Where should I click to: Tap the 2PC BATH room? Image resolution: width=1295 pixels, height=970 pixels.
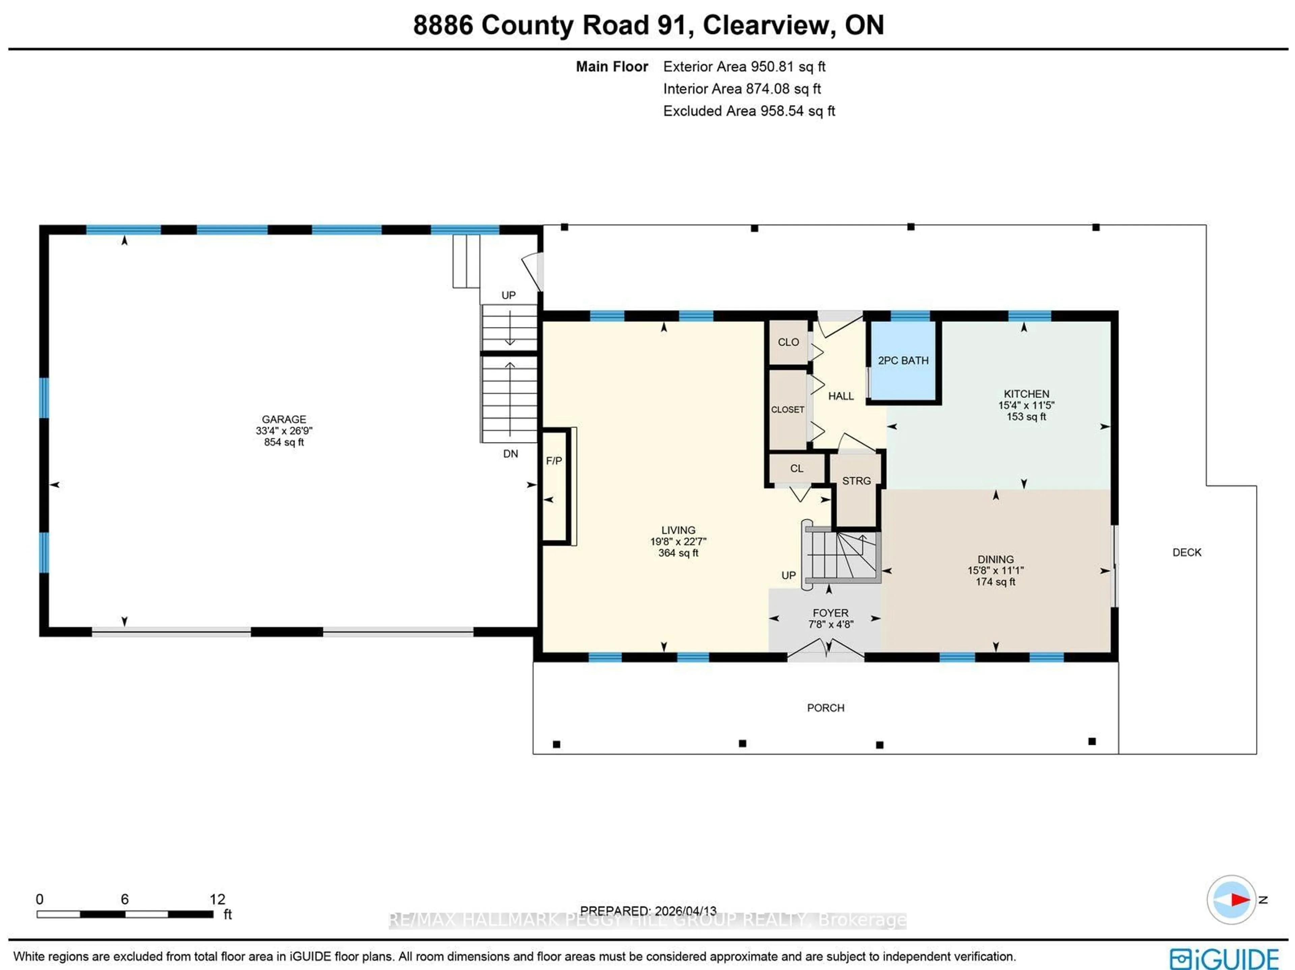[x=903, y=361]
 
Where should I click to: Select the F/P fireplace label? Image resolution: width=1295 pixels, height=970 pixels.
[x=554, y=461]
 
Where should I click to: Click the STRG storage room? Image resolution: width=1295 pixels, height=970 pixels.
[x=857, y=481]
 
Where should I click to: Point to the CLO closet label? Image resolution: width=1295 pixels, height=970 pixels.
[x=788, y=342]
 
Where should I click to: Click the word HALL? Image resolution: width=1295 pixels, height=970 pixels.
[x=841, y=396]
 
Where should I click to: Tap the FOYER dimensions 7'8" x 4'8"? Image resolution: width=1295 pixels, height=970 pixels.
[x=830, y=625]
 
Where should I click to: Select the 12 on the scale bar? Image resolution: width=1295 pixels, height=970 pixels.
[x=217, y=899]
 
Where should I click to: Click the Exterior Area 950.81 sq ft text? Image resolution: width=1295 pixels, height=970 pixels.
[x=744, y=67]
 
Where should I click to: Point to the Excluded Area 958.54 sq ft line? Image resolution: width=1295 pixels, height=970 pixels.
[x=748, y=111]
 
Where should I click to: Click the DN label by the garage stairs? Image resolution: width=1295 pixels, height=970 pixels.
[x=511, y=454]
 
